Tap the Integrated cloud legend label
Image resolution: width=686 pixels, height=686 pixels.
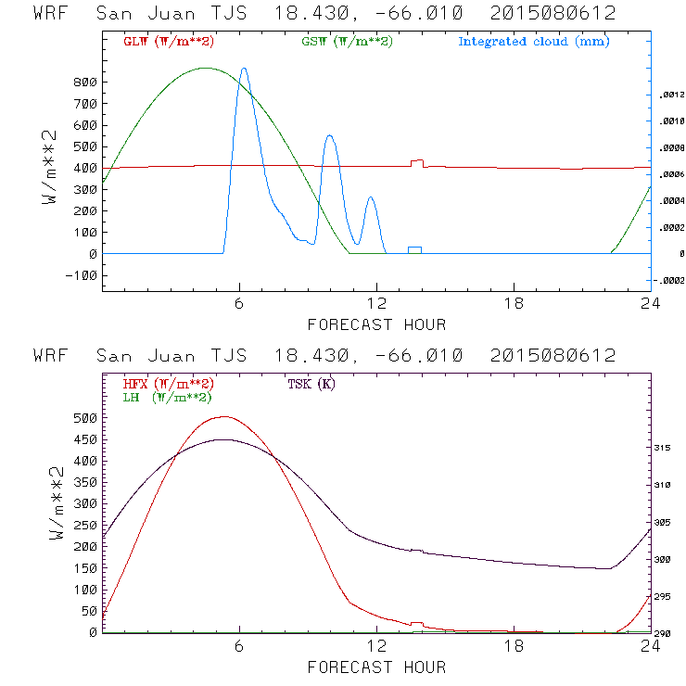(533, 42)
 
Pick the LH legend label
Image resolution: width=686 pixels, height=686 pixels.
(167, 397)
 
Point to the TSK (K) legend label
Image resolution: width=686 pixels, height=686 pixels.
(309, 384)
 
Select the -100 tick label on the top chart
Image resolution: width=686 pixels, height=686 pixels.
(81, 275)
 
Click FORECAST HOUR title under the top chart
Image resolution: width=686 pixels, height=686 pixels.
(376, 324)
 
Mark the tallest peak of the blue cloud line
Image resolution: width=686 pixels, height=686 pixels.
(244, 69)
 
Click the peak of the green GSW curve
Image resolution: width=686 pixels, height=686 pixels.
(206, 68)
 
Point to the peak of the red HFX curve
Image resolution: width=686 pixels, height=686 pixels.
(223, 417)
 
